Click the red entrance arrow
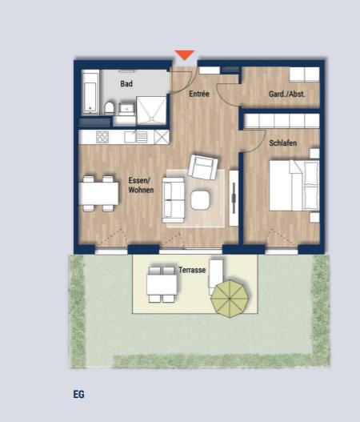pyautogui.click(x=185, y=55)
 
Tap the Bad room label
pyautogui.click(x=126, y=83)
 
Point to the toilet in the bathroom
pyautogui.click(x=107, y=107)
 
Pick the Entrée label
pyautogui.click(x=199, y=94)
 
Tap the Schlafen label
pyautogui.click(x=283, y=143)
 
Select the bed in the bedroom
pyautogui.click(x=288, y=186)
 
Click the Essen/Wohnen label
pyautogui.click(x=141, y=186)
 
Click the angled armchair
pyautogui.click(x=202, y=167)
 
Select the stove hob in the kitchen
pyautogui.click(x=102, y=137)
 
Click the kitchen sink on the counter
pyautogui.click(x=141, y=136)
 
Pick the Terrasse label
pyautogui.click(x=192, y=271)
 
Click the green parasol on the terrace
pyautogui.click(x=231, y=298)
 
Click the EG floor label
pyautogui.click(x=78, y=394)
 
